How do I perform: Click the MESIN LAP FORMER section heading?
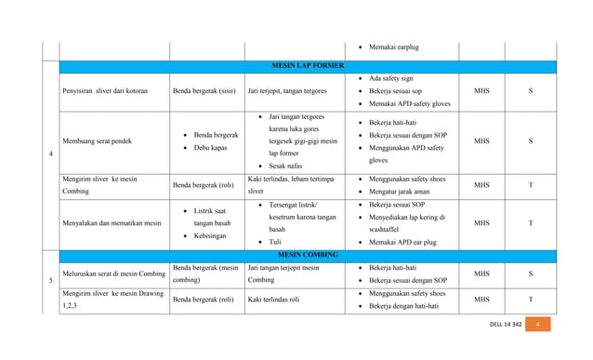pos(307,66)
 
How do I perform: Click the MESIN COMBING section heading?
pos(307,254)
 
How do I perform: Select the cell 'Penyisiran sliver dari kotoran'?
pos(104,91)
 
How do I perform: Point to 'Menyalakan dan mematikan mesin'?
pos(111,223)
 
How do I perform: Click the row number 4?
pos(49,153)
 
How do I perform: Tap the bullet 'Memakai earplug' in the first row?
pos(396,47)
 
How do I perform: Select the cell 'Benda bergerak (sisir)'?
pos(205,91)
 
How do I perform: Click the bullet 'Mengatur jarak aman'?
pos(409,191)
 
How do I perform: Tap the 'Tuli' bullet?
pos(276,242)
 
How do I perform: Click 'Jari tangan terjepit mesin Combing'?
pos(283,273)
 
